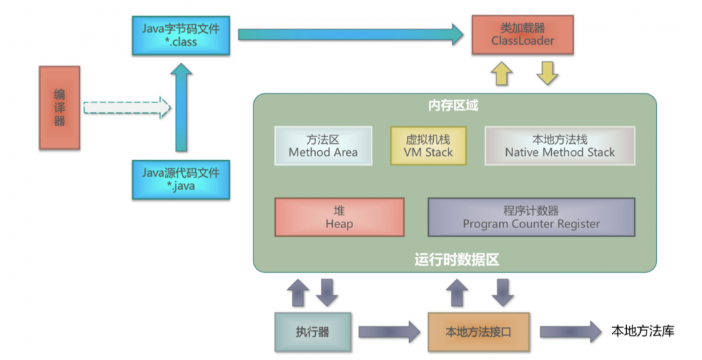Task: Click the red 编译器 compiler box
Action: [x=60, y=107]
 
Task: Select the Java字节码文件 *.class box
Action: [x=181, y=35]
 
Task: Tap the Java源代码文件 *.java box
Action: [x=180, y=179]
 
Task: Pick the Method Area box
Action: [x=323, y=146]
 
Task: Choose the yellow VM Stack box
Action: [x=428, y=146]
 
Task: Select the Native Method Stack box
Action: [x=559, y=146]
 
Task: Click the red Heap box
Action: [x=339, y=217]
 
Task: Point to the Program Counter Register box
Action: [x=531, y=217]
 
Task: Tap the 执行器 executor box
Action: [x=312, y=332]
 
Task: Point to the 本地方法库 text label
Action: [x=642, y=331]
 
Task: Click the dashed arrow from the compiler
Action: [x=127, y=108]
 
